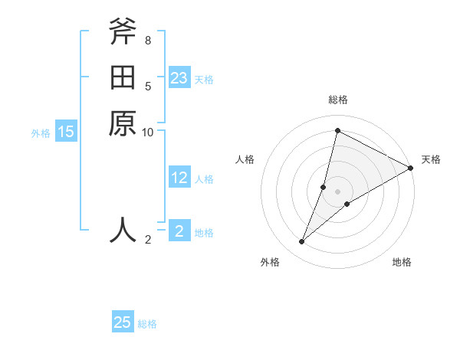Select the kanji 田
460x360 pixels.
click(x=123, y=77)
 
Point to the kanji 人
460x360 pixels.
click(x=123, y=229)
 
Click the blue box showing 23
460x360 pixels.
click(x=179, y=78)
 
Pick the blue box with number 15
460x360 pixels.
click(x=66, y=132)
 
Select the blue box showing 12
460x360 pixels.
click(x=179, y=178)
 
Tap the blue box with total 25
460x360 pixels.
click(x=123, y=322)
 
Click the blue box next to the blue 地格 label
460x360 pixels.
click(x=179, y=231)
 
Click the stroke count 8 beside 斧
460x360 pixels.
click(x=147, y=40)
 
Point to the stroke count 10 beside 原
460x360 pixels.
click(x=148, y=133)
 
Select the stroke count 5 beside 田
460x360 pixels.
click(x=147, y=86)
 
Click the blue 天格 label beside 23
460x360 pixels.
click(x=204, y=79)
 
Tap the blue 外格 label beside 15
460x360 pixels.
click(x=41, y=133)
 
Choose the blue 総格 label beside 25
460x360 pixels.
click(x=147, y=324)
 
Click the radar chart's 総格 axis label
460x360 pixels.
click(x=337, y=100)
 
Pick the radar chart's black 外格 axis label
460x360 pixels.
click(x=270, y=262)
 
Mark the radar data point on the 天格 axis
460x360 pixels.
click(x=410, y=169)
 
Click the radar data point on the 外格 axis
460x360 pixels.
click(x=302, y=242)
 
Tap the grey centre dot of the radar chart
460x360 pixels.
click(x=337, y=191)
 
